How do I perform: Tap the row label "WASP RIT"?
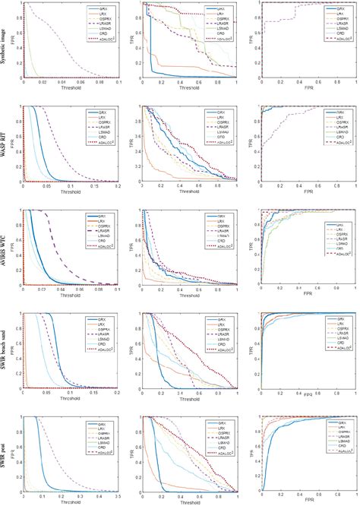click(8, 144)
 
